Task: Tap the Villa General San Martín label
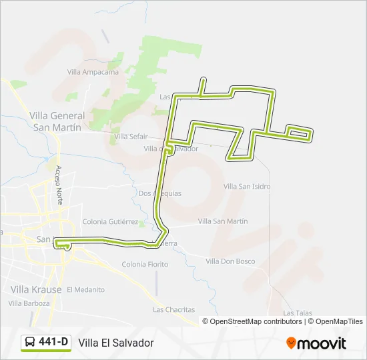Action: pos(57,121)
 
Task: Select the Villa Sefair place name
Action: pos(131,136)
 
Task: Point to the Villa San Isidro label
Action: pos(247,187)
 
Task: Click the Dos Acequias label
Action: pos(159,193)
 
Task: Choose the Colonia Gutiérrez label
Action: pos(110,221)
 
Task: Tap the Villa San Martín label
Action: pos(223,221)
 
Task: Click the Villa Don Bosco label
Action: pos(230,261)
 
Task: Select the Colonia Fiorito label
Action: pos(145,265)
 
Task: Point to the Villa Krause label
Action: pos(36,289)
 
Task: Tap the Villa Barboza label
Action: pos(29,303)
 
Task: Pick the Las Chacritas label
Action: pos(173,309)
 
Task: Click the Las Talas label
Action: pos(298,313)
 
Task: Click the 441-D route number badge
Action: pos(53,342)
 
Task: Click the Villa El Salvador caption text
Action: pos(116,343)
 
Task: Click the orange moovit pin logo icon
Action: pos(291,343)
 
